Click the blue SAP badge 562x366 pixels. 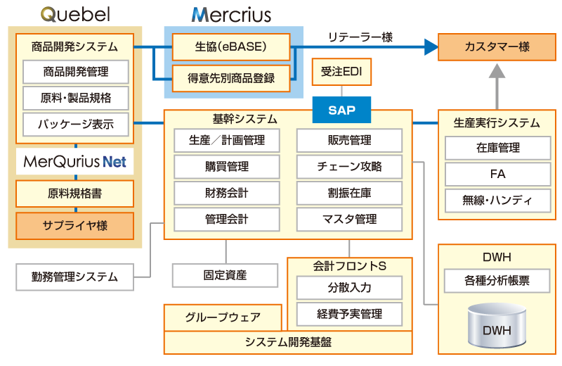[x=341, y=110]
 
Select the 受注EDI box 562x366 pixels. [x=341, y=72]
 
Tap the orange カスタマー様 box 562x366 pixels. [x=497, y=47]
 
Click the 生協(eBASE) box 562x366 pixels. [x=231, y=47]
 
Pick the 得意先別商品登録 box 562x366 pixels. [x=231, y=77]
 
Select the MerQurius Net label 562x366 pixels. [x=74, y=162]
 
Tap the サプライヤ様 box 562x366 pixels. [x=74, y=226]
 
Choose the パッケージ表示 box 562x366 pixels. [x=75, y=125]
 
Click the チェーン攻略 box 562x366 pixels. [x=349, y=167]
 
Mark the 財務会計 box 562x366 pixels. [x=226, y=193]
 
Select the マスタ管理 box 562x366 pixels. [x=349, y=219]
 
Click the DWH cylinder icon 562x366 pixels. [x=496, y=326]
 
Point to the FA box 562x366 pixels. [x=497, y=174]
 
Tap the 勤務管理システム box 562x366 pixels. [x=74, y=277]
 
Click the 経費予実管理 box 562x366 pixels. [x=349, y=313]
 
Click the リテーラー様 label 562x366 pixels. [x=360, y=37]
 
